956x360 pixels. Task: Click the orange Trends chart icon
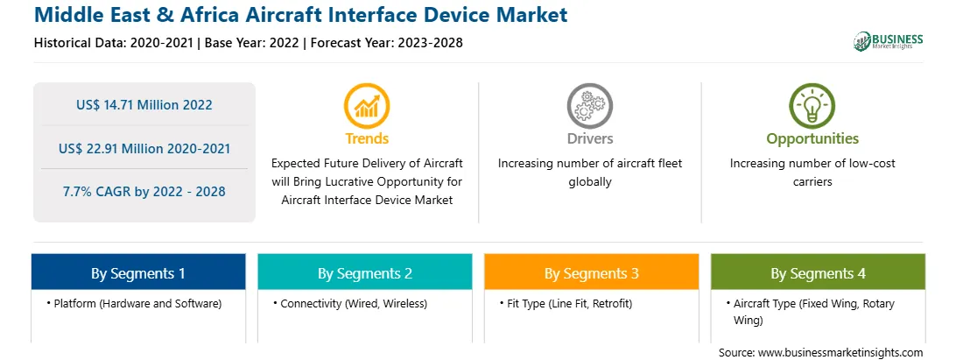367,106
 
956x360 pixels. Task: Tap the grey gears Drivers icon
589,106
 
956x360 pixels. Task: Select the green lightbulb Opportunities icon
812,106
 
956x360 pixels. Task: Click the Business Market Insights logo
889,41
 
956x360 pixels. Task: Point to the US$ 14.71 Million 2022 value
144,105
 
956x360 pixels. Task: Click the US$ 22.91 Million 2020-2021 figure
144,148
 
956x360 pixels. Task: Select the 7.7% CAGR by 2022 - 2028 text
144,192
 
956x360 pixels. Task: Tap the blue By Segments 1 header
138,273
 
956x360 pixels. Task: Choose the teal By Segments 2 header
364,273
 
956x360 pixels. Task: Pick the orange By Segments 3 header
592,273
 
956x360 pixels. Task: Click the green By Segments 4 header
819,273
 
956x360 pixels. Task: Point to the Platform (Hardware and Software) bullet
134,303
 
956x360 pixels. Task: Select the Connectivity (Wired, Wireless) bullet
350,303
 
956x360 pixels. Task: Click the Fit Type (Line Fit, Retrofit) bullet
566,303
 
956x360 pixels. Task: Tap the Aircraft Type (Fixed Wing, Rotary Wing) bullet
810,311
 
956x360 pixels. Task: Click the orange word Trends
367,138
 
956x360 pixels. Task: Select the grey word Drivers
590,138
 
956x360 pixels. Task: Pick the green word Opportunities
812,139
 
